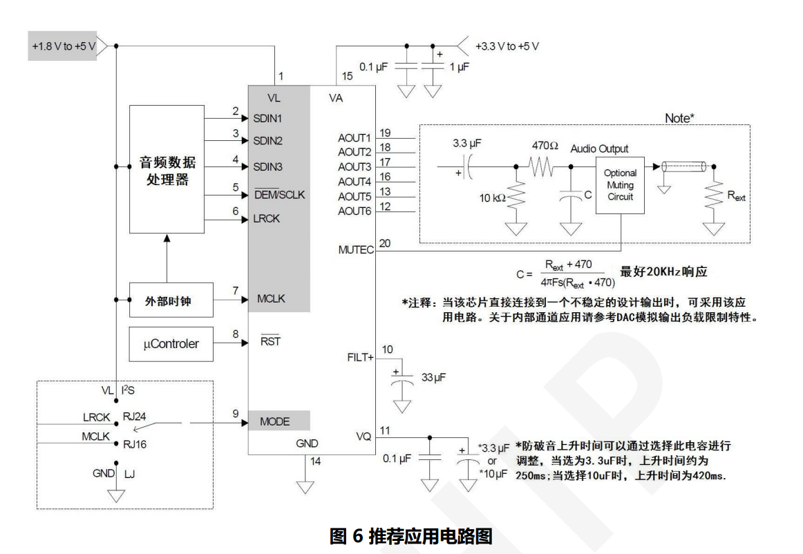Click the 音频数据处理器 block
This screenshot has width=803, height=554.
(x=167, y=169)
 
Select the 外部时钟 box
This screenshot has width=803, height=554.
(x=167, y=300)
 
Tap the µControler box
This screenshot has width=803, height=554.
(x=171, y=343)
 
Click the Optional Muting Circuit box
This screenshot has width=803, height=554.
(x=620, y=184)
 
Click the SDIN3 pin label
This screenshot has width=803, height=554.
(x=267, y=166)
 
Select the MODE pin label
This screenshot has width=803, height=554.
(x=274, y=421)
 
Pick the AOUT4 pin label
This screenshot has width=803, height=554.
(x=355, y=182)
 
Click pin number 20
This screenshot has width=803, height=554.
(x=385, y=243)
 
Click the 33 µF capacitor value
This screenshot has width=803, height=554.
(x=434, y=378)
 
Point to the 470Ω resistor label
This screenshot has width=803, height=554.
(x=545, y=146)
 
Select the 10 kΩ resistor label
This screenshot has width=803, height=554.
(x=493, y=198)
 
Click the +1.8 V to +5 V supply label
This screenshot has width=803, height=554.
(x=63, y=46)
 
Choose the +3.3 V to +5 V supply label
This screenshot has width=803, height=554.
(x=507, y=46)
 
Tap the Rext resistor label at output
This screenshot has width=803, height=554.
(x=736, y=196)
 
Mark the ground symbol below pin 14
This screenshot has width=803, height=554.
(x=305, y=487)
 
